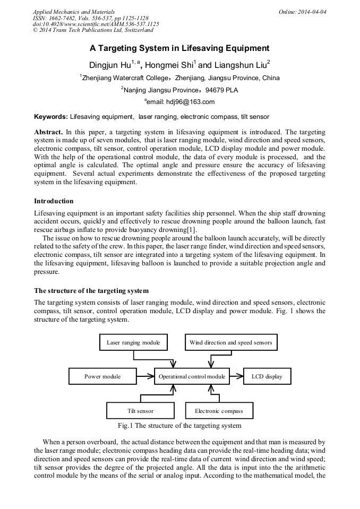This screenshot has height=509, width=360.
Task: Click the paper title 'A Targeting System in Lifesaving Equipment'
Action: click(179, 48)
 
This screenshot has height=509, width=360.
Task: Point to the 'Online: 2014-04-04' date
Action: click(303, 11)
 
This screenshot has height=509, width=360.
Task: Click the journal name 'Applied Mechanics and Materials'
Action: click(74, 11)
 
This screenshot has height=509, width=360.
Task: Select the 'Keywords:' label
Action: click(51, 116)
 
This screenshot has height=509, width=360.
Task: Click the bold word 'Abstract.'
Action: click(49, 131)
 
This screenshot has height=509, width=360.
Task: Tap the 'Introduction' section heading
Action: click(54, 201)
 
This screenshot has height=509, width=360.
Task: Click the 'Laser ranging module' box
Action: click(133, 342)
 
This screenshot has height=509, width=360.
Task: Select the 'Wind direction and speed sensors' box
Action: click(230, 342)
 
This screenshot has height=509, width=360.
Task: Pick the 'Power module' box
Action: click(102, 376)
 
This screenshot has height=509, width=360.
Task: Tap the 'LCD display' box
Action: click(267, 376)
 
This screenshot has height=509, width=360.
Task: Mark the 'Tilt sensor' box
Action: click(140, 411)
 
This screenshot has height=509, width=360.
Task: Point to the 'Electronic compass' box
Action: click(219, 411)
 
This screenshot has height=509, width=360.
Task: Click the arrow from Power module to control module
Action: click(145, 376)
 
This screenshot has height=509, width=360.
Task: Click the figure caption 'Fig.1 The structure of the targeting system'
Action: click(179, 426)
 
